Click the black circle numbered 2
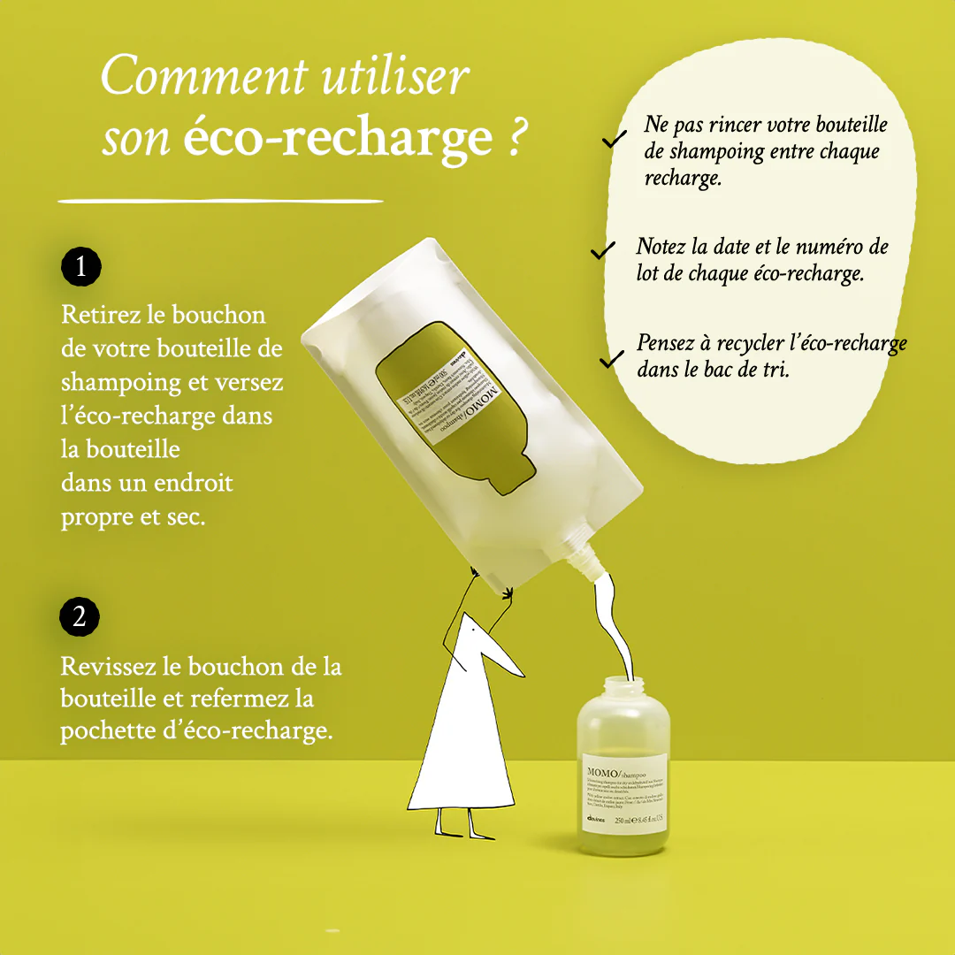click(80, 617)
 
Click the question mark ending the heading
click(519, 138)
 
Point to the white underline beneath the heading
click(220, 201)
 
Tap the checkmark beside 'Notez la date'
click(602, 251)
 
